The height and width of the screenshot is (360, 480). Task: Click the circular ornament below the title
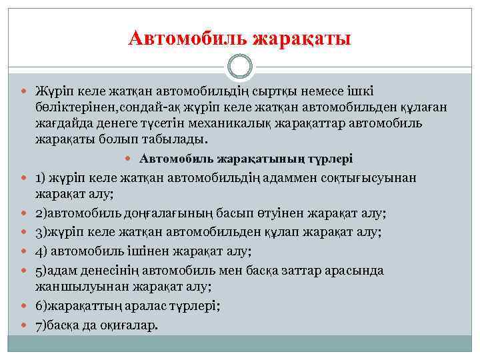click(x=239, y=67)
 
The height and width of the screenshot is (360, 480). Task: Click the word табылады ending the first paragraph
click(x=174, y=140)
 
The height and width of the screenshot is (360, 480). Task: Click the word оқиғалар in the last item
click(x=128, y=325)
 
